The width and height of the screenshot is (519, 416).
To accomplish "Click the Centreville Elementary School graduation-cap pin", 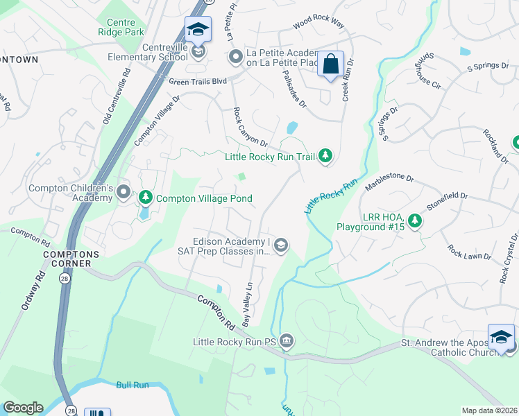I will click(x=198, y=31).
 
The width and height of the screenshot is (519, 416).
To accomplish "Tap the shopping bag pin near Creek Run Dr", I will click(x=331, y=64).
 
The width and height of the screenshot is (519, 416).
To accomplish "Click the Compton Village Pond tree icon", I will click(x=146, y=198).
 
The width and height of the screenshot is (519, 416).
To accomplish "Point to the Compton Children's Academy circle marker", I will click(x=124, y=191).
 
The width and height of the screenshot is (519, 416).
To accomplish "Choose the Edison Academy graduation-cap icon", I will click(x=281, y=244).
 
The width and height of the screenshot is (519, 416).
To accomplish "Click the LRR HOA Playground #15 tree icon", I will click(x=415, y=220).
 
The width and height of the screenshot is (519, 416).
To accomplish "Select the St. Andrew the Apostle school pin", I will click(x=501, y=338).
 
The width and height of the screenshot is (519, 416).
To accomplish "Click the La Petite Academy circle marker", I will click(x=235, y=55).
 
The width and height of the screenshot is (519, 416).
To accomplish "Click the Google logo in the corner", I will click(x=22, y=408).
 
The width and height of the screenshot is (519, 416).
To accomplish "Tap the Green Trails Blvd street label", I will click(x=198, y=81).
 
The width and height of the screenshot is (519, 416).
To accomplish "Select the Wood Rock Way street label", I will click(x=318, y=24).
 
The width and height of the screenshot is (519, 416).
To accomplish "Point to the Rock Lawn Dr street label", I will click(x=468, y=252).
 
